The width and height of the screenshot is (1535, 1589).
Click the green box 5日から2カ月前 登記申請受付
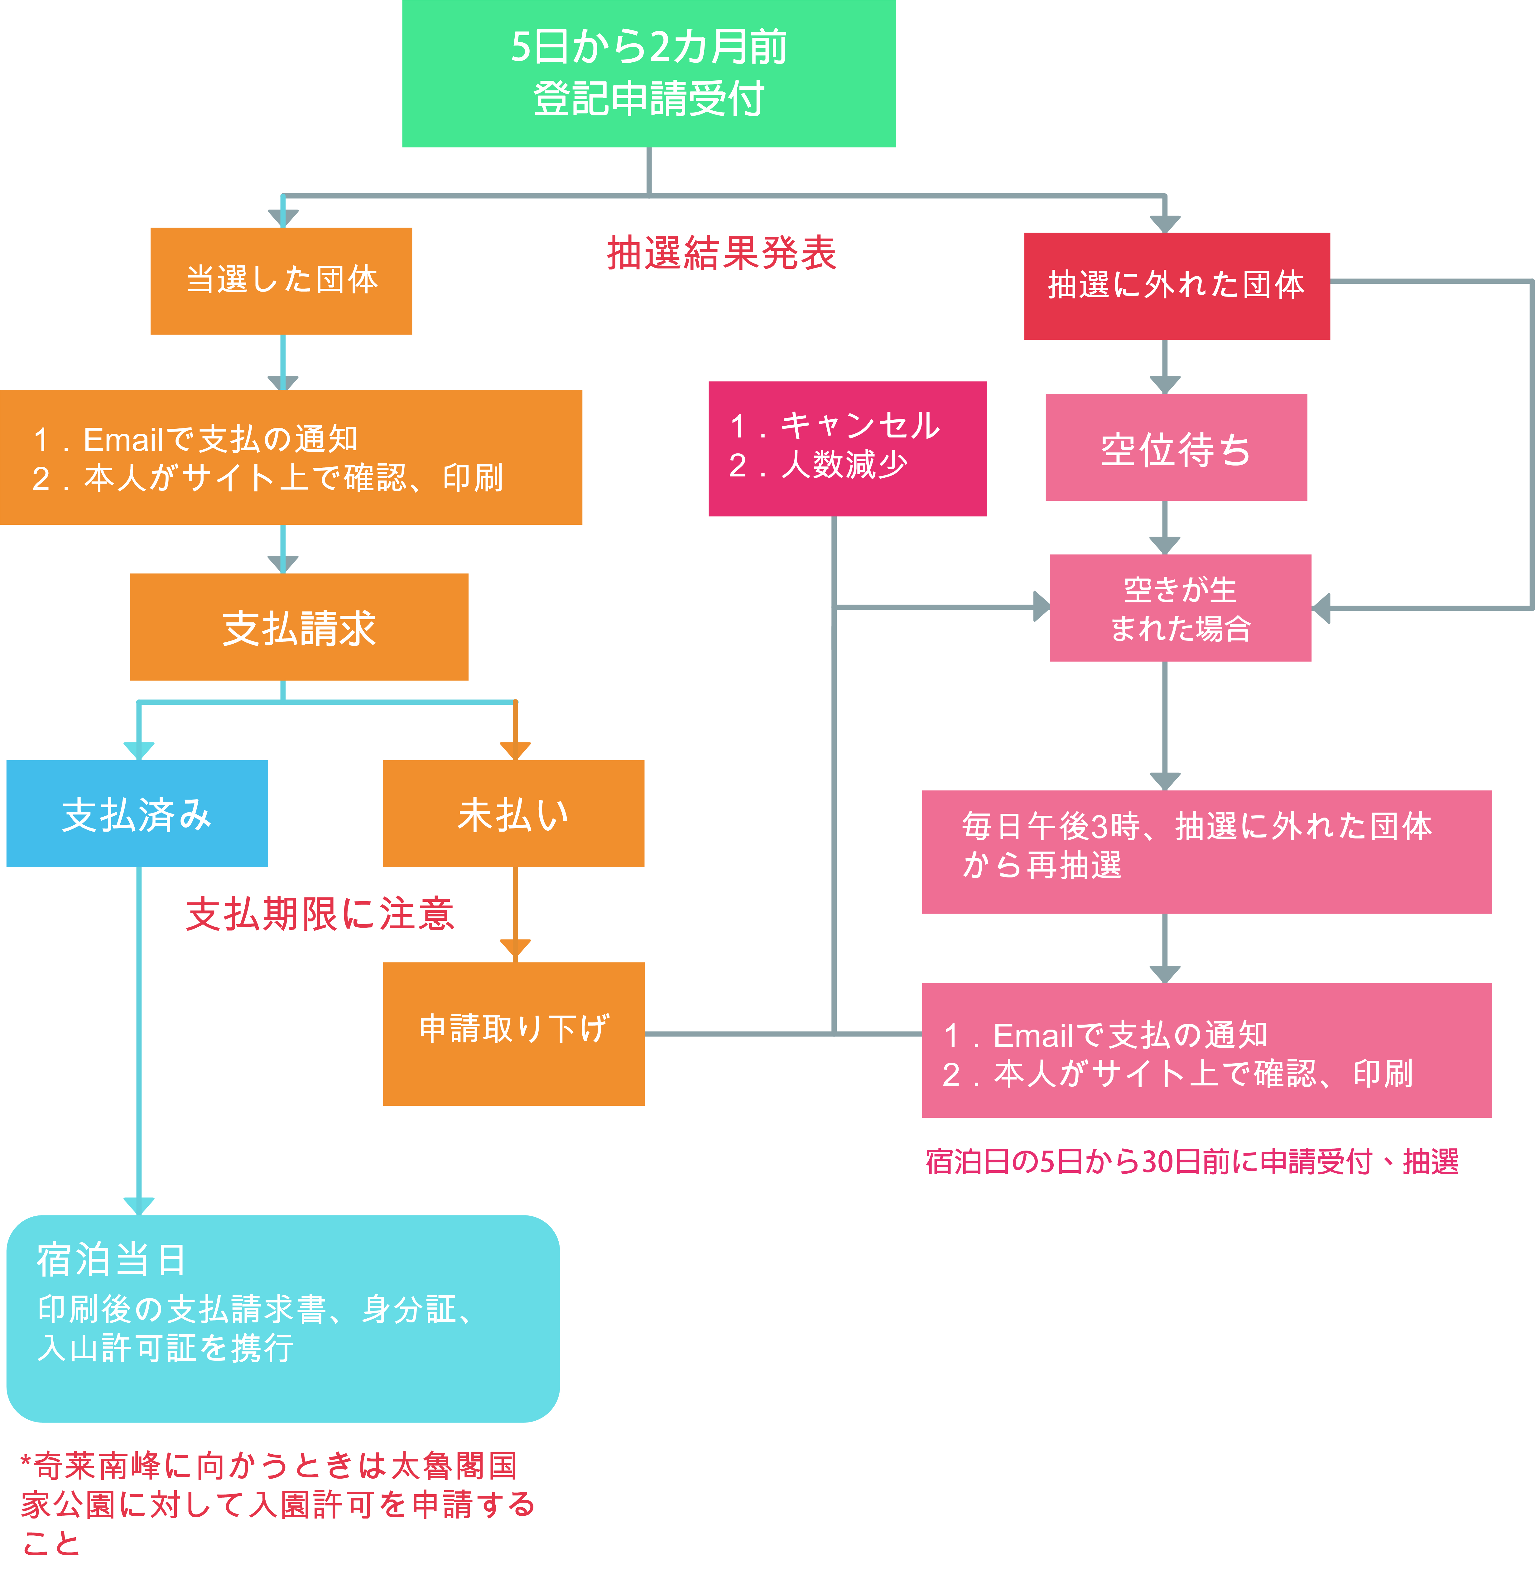click(648, 73)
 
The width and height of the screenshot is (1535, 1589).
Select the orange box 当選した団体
click(281, 281)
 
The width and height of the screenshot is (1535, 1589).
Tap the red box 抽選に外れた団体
click(1176, 285)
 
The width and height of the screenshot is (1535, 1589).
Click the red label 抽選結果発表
click(721, 253)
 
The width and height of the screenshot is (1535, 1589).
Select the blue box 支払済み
click(137, 813)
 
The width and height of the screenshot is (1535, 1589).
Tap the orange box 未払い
click(513, 813)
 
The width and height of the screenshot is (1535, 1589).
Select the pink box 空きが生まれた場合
click(1180, 608)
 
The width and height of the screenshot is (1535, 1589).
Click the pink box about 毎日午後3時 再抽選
click(1206, 851)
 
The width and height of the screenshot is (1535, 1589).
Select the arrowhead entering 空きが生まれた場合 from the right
click(1321, 608)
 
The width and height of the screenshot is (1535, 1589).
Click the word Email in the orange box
click(123, 439)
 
